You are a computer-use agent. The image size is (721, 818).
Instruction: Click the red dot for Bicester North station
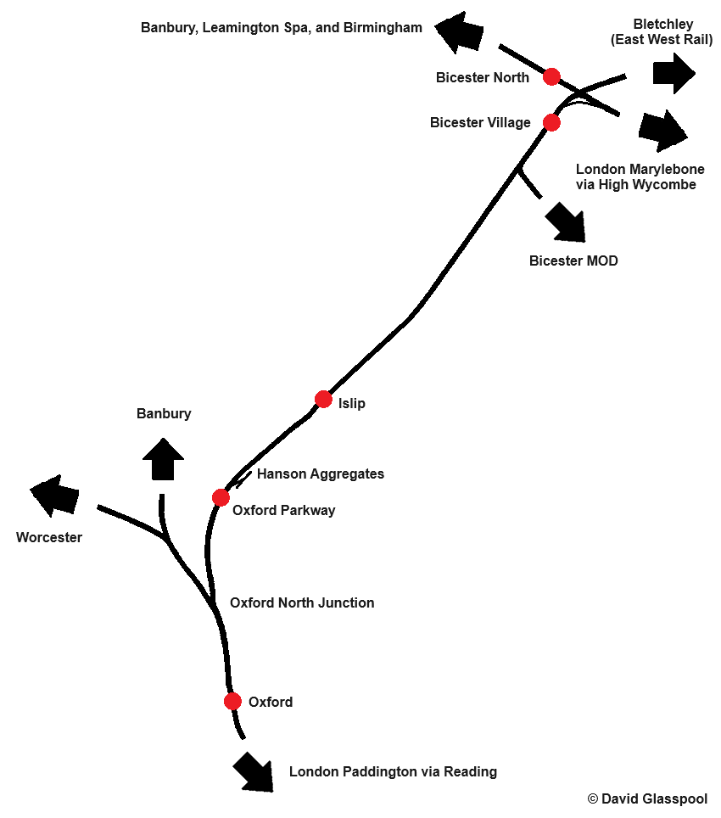(x=551, y=77)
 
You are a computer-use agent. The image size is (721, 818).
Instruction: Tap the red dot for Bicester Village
(x=551, y=123)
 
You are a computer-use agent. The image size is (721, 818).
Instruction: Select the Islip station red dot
(x=323, y=399)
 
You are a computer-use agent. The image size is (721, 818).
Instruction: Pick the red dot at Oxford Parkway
(x=221, y=497)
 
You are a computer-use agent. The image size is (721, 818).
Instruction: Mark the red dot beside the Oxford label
(x=232, y=702)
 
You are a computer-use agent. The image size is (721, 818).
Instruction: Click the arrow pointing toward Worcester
(x=53, y=496)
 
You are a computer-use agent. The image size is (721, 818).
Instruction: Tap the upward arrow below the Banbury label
(x=163, y=459)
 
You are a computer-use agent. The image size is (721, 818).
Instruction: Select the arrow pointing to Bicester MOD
(x=565, y=222)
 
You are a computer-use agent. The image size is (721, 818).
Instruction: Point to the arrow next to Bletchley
(x=674, y=73)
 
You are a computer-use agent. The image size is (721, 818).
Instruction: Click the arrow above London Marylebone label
(x=662, y=131)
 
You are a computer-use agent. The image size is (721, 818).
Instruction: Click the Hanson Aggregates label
(x=320, y=474)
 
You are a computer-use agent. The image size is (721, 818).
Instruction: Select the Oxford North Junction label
(x=302, y=603)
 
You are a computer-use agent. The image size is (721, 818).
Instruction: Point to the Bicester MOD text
(x=573, y=261)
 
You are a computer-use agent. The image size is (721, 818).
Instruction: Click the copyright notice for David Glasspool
(x=647, y=799)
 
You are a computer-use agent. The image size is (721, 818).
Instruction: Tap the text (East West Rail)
(x=662, y=40)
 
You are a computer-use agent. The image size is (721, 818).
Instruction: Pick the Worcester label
(x=49, y=538)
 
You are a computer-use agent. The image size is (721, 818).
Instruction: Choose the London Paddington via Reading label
(x=393, y=772)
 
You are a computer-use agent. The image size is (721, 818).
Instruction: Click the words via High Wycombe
(x=635, y=185)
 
